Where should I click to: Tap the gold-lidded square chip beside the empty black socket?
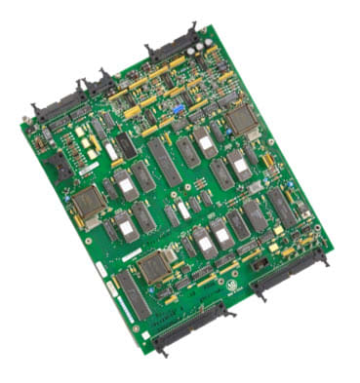88,201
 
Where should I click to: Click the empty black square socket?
60,167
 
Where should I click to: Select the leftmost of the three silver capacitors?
195,49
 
